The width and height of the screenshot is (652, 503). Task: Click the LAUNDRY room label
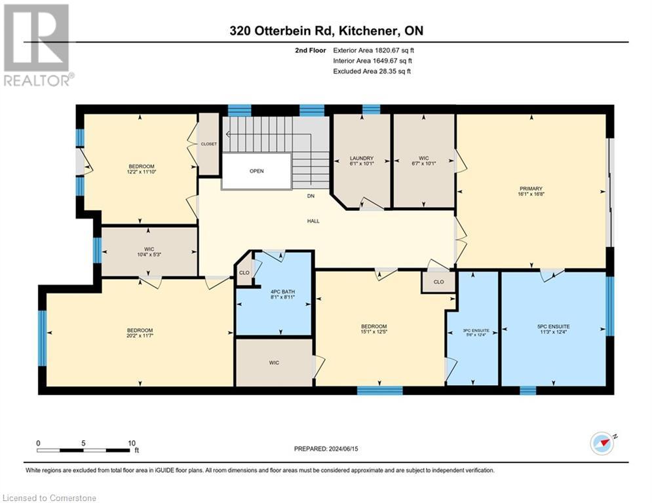point(361,158)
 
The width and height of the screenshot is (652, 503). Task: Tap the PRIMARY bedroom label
point(531,189)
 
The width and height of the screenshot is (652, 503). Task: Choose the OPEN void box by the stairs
point(256,172)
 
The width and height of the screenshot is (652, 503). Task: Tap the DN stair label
point(311,196)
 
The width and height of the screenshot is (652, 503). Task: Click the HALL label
point(313,221)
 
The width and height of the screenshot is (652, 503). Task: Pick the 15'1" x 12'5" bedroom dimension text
point(374,333)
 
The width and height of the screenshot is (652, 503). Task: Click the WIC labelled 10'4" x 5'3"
point(149,253)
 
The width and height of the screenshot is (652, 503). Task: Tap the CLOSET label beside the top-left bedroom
point(208,144)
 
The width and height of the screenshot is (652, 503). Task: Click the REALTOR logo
point(38,45)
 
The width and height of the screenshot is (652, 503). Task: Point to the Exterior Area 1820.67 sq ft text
point(374,50)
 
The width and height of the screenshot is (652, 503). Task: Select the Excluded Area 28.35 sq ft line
point(372,71)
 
